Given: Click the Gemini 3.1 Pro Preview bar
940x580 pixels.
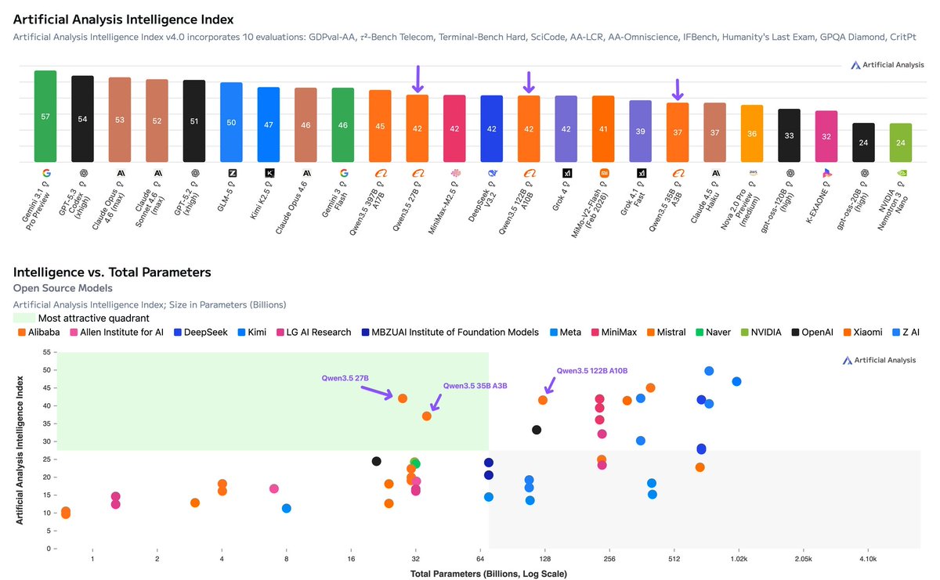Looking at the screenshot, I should (x=45, y=117).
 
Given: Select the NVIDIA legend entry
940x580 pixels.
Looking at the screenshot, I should (x=760, y=333).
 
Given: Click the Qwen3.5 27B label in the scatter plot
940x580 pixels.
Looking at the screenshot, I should (x=345, y=378).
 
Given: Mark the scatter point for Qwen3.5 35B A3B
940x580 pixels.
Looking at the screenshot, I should (x=427, y=416).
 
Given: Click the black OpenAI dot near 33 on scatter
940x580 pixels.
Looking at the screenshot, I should (x=537, y=430).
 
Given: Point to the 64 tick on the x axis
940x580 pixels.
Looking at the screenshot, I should (x=480, y=560).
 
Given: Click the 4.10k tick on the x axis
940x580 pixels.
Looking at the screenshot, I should (x=867, y=560).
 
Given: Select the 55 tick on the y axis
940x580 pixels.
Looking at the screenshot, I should (x=45, y=352).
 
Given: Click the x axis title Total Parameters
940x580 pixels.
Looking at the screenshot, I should (x=488, y=574).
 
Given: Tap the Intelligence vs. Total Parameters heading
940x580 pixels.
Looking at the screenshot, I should (x=112, y=272).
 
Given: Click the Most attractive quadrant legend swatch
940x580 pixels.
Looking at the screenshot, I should (x=23, y=319).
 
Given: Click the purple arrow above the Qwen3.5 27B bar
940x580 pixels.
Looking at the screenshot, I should (x=418, y=79).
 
